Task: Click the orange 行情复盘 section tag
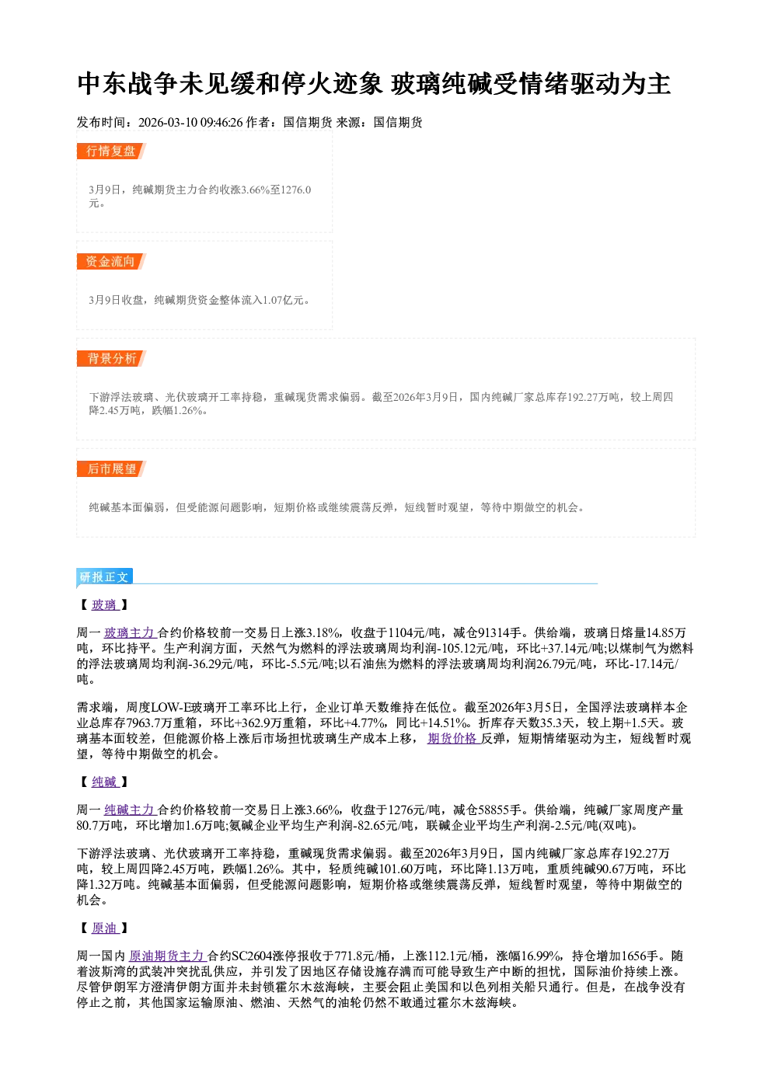(x=111, y=151)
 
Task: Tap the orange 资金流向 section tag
(x=111, y=262)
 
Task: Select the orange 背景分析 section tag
(x=111, y=359)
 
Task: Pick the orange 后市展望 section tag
(x=111, y=469)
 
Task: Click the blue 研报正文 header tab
(x=104, y=577)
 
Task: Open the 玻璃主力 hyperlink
(x=130, y=632)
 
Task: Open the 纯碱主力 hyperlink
(x=130, y=810)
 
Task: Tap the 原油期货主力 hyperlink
(x=167, y=956)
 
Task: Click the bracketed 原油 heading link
(x=105, y=928)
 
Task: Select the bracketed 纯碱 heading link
(x=105, y=782)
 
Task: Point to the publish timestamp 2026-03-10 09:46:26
(x=190, y=122)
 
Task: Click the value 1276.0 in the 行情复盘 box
(x=296, y=190)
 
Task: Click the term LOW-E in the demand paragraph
(x=171, y=707)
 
